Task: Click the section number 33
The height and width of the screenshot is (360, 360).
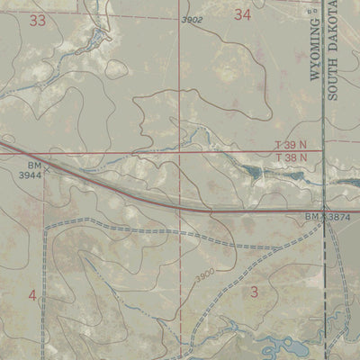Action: [x=37, y=20]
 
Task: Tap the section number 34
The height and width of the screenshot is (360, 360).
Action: [x=242, y=14]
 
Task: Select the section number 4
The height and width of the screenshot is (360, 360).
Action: [x=32, y=295]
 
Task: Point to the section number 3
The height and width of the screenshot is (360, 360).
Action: [x=254, y=291]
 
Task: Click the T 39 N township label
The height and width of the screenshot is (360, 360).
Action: [x=291, y=146]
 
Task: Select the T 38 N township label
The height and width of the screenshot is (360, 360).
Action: [x=291, y=158]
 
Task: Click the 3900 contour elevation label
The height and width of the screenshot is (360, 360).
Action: [x=203, y=273]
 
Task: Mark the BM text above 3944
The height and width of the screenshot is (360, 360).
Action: [x=33, y=166]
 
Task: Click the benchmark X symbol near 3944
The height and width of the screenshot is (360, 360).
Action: [x=49, y=166]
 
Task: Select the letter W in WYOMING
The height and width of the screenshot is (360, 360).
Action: [x=316, y=75]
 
